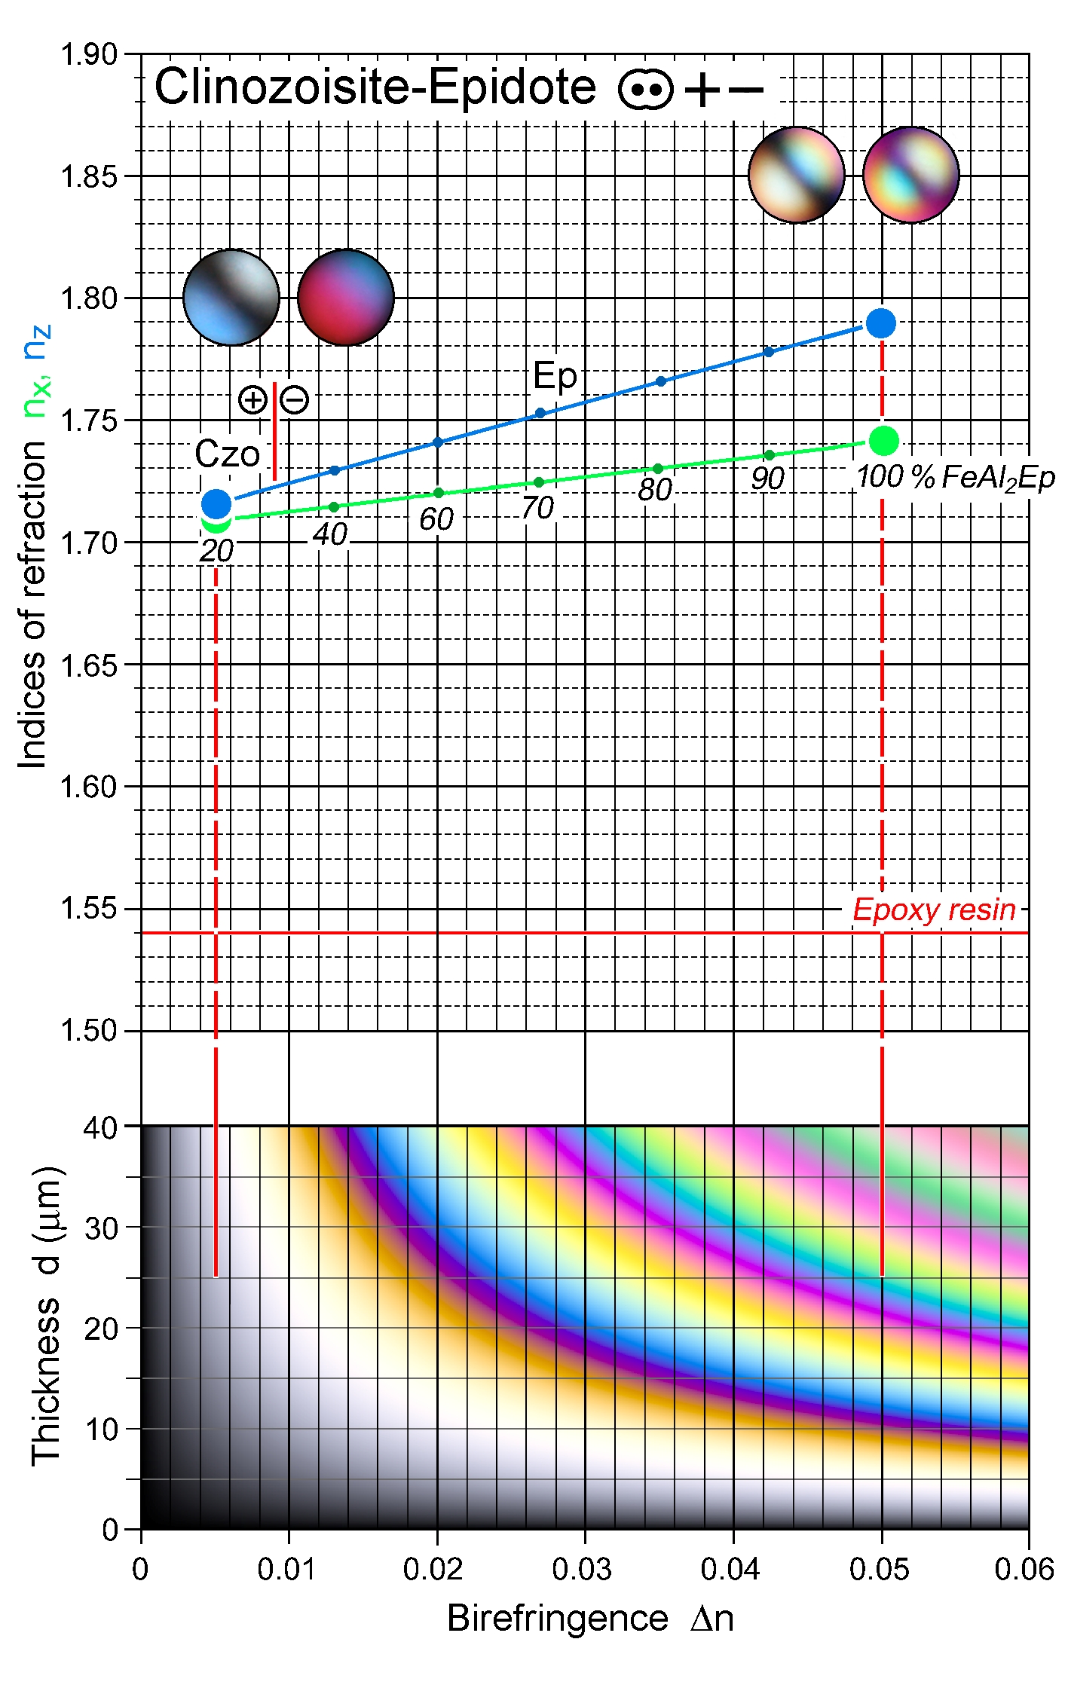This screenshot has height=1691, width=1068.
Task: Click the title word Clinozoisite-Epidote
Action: tap(375, 87)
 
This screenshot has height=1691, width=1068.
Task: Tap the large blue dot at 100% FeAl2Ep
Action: tap(880, 323)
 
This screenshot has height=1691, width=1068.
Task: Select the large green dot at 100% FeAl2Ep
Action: tap(883, 441)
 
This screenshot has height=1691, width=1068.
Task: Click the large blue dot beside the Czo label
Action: tap(216, 503)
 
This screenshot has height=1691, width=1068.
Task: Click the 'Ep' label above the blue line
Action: tap(555, 376)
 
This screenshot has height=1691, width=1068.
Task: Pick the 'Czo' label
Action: tap(227, 454)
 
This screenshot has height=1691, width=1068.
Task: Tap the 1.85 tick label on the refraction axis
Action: tap(89, 177)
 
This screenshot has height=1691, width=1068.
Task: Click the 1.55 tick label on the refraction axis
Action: tap(89, 910)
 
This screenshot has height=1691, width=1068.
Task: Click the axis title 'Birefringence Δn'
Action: tap(590, 1619)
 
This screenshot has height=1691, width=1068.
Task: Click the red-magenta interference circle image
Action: tap(346, 298)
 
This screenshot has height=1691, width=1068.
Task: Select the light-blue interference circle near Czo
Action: tap(231, 298)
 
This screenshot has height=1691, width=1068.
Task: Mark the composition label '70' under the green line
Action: tap(537, 509)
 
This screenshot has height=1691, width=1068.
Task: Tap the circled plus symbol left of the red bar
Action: tap(252, 399)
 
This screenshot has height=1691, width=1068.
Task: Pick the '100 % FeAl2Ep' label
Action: tap(955, 478)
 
